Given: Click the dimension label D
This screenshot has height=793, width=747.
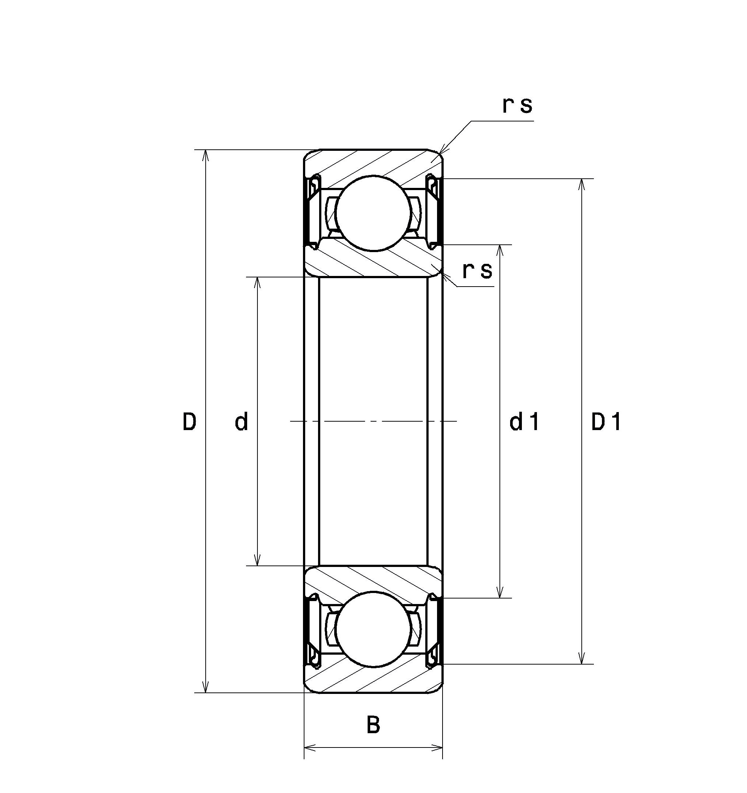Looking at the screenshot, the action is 189,422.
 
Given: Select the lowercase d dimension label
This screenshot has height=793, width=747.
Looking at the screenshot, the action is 241,422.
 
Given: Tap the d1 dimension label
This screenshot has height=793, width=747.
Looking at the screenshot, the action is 524,422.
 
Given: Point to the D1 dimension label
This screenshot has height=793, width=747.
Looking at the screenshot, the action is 606,422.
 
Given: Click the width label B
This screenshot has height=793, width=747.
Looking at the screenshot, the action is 373,725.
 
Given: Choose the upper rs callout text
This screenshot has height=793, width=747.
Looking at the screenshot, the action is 517,106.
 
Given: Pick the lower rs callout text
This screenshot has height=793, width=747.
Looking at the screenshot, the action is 477,271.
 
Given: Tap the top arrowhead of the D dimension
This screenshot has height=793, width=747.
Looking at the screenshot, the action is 206,156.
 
